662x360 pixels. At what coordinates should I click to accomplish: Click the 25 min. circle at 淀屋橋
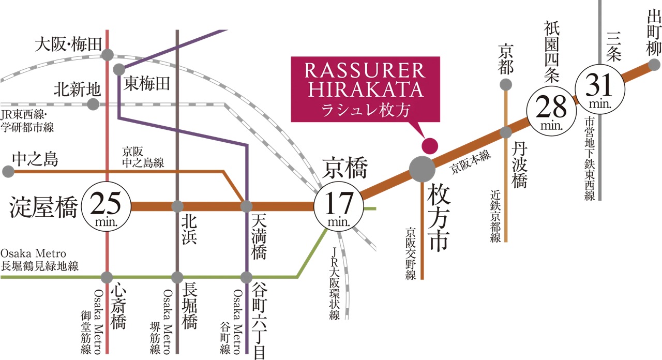coord(106,206)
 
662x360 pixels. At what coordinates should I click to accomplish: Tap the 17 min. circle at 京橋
coord(339,206)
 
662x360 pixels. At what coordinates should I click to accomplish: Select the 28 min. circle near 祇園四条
coord(551,111)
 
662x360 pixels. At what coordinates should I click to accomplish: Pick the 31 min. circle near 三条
coord(600,89)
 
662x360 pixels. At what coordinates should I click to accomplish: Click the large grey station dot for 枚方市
coord(422,169)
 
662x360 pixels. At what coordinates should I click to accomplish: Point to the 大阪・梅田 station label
coord(68,44)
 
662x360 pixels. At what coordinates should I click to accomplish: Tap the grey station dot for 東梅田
coord(119,70)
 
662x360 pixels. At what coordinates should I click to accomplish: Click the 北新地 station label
coord(78,89)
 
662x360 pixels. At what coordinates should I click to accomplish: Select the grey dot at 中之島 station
coord(8,171)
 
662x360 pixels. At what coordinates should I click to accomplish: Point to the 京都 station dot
coord(506,85)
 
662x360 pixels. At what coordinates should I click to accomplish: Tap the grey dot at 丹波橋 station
coord(506,132)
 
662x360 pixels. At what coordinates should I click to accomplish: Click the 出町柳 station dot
coord(654,65)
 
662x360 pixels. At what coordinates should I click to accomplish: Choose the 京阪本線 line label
coord(470,162)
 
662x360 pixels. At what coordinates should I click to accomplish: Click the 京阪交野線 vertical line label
coord(411,253)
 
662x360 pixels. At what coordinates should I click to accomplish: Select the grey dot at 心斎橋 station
coord(107,278)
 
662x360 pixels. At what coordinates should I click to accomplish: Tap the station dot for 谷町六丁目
coord(246,278)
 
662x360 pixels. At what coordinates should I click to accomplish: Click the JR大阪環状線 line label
coord(334,284)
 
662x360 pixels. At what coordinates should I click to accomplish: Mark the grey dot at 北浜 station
coord(177,206)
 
